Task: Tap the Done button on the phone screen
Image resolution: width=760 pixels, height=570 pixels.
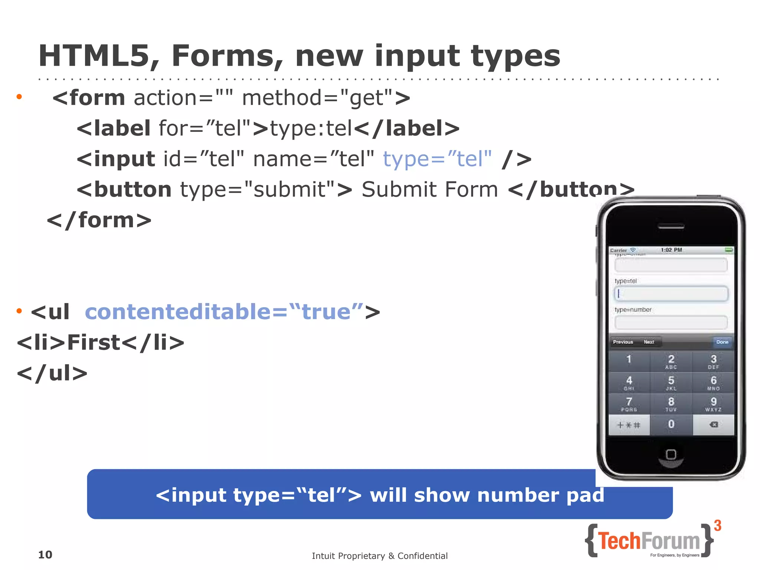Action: [722, 342]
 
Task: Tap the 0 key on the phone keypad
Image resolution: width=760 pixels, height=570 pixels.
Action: [671, 424]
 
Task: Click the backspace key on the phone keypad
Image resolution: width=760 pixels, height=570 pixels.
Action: [713, 425]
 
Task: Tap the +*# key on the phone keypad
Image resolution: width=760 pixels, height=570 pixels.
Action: [629, 425]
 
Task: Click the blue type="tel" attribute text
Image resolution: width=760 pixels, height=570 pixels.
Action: [437, 159]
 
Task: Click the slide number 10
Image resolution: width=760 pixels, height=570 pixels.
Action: [45, 555]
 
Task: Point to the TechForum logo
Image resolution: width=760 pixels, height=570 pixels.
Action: [649, 541]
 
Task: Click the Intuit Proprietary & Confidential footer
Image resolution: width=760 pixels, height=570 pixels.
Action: [380, 556]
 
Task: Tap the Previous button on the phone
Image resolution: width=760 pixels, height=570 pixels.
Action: [623, 342]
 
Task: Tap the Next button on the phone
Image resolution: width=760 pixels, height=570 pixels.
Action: [649, 342]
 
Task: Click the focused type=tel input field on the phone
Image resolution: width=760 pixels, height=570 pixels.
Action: [671, 294]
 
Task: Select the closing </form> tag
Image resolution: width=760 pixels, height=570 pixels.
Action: [99, 220]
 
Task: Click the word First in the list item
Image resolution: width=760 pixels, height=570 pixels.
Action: [94, 342]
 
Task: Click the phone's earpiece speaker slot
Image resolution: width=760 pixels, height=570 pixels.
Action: [671, 226]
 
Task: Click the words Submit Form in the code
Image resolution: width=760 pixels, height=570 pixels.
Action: [430, 190]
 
